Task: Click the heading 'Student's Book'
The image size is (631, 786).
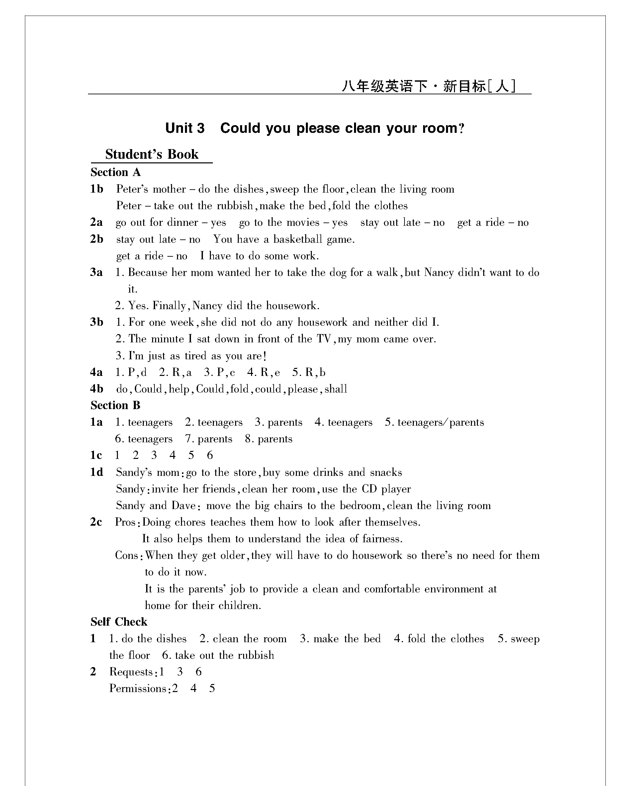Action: (152, 154)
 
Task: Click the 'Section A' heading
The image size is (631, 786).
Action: (116, 172)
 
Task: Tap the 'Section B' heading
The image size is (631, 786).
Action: (116, 405)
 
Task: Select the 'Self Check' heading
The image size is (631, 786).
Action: (119, 622)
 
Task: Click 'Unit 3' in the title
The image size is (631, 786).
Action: (185, 128)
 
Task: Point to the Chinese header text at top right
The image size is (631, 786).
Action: (429, 86)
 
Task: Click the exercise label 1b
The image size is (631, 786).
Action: (97, 189)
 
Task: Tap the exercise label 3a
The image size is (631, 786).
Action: (97, 272)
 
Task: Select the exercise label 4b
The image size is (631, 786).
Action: (97, 389)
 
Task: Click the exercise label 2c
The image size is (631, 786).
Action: (96, 522)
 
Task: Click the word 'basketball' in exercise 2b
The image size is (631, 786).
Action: (298, 239)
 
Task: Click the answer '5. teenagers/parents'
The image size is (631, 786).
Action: (434, 422)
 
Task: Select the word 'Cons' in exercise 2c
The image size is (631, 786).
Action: (127, 555)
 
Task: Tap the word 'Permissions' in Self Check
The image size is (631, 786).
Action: (138, 688)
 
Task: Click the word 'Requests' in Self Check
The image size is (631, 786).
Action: (131, 671)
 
